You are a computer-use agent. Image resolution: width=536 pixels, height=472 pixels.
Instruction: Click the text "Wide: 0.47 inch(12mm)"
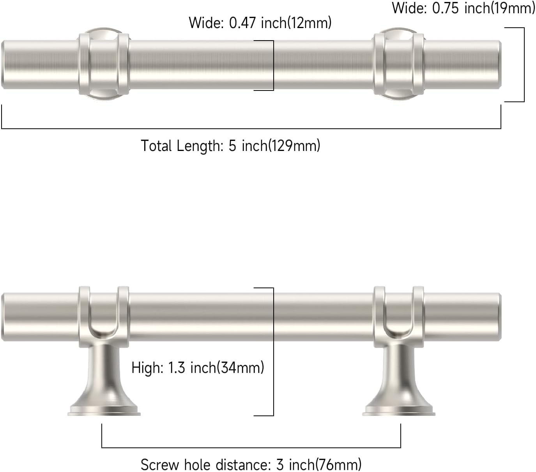point(260,23)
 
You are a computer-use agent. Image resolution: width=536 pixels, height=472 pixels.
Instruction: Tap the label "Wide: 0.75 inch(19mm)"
point(463,8)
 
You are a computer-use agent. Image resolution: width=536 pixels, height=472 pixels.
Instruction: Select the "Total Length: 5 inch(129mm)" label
point(230,146)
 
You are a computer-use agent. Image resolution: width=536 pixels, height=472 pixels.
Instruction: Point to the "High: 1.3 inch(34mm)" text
point(198,367)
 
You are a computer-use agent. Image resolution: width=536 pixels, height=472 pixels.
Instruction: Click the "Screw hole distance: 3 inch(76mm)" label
point(251,465)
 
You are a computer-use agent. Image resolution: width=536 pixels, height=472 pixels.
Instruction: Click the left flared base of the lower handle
point(104,394)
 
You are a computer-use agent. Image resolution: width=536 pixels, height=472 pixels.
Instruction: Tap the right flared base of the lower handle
point(398,394)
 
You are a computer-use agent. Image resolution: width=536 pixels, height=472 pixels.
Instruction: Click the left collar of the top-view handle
point(104,65)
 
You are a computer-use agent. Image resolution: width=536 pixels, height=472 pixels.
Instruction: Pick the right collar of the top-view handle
point(398,65)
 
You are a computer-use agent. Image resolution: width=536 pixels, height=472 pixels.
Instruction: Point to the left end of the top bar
point(5,65)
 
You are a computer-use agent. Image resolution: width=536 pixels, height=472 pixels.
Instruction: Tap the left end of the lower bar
point(5,316)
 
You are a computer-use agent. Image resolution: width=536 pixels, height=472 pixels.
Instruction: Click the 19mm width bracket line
point(524,65)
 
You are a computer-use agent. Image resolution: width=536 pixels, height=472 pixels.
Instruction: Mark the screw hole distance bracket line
point(251,447)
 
